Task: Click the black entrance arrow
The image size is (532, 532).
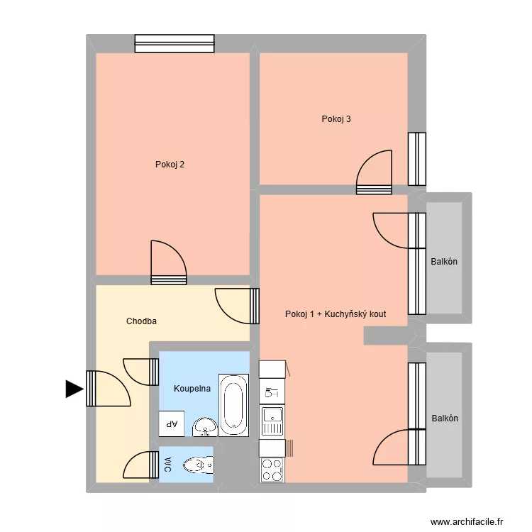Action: coord(74,389)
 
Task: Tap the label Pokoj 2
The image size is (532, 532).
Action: coord(170,165)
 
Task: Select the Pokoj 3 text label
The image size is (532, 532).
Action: coord(336,119)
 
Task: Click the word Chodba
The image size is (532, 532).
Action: coord(141,321)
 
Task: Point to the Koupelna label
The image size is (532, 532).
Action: coord(192,389)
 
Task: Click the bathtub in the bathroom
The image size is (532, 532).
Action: coord(233,405)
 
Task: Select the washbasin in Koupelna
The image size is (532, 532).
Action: coord(205,426)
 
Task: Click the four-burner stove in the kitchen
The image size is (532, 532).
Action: coord(272,470)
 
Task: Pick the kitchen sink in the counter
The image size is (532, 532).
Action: coord(272,422)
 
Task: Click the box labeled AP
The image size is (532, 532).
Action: coord(171,424)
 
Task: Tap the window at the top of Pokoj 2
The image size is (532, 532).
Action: coord(174,44)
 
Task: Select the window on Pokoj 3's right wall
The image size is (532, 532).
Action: coord(416,159)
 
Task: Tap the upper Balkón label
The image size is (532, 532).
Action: coord(444,262)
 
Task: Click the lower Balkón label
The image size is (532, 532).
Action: coord(445,419)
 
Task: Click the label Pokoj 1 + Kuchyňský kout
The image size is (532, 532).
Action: coord(335,314)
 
